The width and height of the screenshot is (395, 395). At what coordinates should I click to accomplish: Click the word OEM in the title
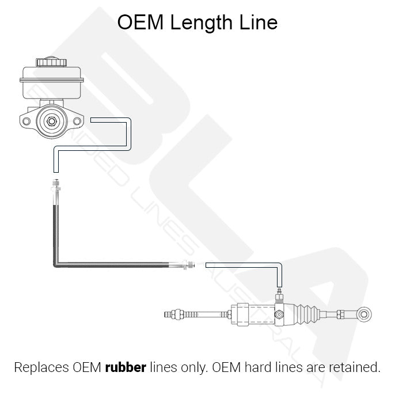click(140, 22)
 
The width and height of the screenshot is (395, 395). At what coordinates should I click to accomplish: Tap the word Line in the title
click(259, 22)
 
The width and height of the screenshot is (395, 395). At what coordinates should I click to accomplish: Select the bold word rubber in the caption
click(126, 367)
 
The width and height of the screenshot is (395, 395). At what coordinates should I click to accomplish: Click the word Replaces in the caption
click(41, 367)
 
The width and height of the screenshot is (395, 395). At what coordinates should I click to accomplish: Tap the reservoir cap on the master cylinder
click(51, 62)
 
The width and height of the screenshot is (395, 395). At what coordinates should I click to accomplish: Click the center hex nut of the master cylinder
click(52, 121)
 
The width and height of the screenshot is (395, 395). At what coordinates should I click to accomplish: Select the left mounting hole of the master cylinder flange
click(26, 121)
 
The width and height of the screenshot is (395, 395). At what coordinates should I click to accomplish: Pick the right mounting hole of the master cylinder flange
click(77, 121)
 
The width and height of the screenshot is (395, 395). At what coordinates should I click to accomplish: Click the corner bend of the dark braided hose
click(56, 264)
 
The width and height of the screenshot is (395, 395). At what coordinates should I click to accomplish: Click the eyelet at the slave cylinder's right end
click(363, 314)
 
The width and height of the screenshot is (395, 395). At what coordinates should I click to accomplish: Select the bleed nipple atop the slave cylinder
click(279, 295)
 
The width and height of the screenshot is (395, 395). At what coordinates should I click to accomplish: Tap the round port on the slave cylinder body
click(279, 314)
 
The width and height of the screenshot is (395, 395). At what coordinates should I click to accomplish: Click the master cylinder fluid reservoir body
click(52, 83)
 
